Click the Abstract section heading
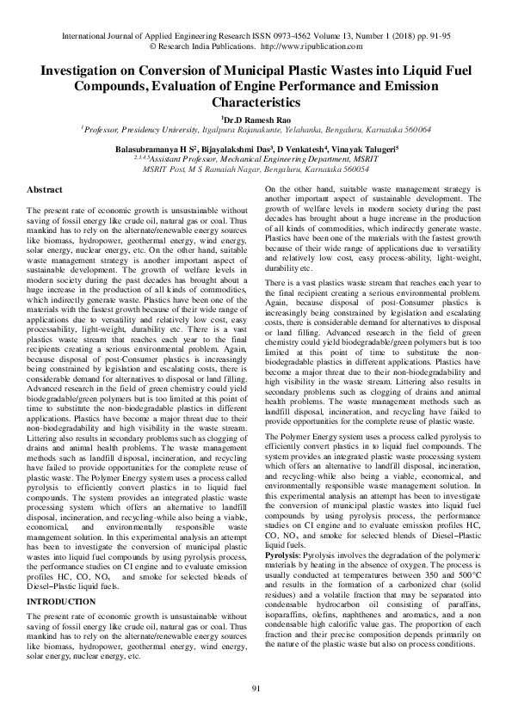45,188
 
